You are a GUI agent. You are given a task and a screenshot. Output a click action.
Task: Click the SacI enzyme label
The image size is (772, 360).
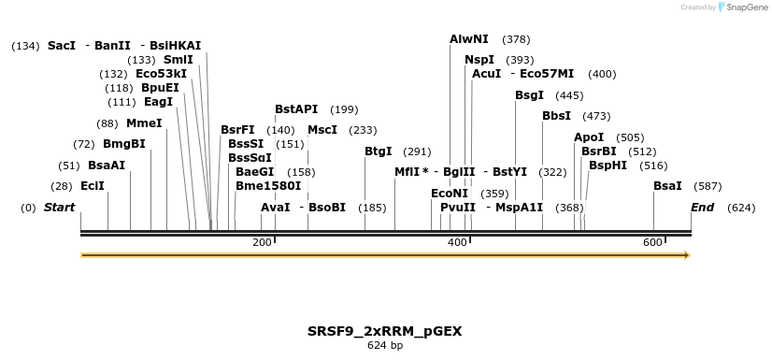[62, 45]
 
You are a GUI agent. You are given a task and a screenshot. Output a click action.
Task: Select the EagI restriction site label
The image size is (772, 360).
[158, 102]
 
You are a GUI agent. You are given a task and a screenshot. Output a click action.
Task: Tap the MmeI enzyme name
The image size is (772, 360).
[144, 122]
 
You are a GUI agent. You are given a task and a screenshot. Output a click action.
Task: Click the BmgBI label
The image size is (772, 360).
[124, 144]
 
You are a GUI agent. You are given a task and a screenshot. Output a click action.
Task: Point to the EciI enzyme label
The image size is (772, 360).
[93, 186]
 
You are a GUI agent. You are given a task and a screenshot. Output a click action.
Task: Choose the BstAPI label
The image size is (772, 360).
[296, 109]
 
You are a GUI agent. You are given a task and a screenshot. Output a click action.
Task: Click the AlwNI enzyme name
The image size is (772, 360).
[468, 39]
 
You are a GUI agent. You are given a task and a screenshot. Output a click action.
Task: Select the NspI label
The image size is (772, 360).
[479, 60]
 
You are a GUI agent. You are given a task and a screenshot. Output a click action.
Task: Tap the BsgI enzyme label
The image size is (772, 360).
[529, 95]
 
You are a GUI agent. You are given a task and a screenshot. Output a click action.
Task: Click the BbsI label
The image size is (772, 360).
[556, 116]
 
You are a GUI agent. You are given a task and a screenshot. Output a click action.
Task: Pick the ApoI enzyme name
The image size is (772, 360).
[589, 137]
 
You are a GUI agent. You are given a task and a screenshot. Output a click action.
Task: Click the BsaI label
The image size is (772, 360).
[667, 186]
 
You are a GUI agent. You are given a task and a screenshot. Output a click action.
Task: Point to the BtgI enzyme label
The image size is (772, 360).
[379, 151]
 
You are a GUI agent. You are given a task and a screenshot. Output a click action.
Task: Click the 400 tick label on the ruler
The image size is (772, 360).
[457, 243]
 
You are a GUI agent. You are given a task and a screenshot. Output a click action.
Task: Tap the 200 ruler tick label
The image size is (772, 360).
[262, 243]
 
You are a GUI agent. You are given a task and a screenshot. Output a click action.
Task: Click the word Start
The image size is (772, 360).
[60, 207]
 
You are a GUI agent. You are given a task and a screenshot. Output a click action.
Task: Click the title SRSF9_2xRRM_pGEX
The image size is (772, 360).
[385, 331]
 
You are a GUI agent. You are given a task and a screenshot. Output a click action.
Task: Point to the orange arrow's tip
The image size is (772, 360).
[688, 254]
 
